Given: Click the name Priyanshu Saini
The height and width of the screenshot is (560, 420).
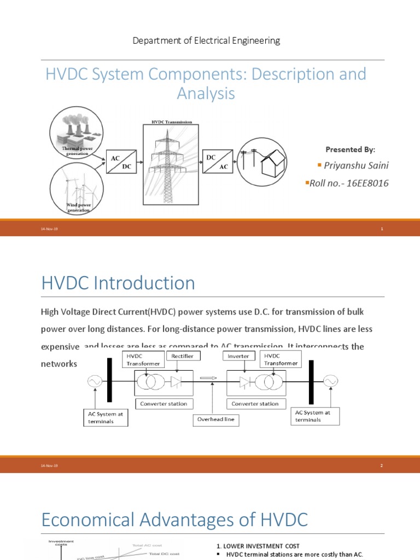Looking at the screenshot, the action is click(356, 166).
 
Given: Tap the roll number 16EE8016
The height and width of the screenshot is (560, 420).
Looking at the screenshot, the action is click(349, 183).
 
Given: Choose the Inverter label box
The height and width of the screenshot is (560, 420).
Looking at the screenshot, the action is click(238, 355).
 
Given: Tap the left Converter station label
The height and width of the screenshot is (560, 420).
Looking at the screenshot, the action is click(164, 404).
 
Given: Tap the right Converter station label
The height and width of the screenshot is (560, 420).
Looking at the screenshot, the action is click(255, 404).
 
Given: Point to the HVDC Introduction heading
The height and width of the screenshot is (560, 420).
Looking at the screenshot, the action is click(118, 283).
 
